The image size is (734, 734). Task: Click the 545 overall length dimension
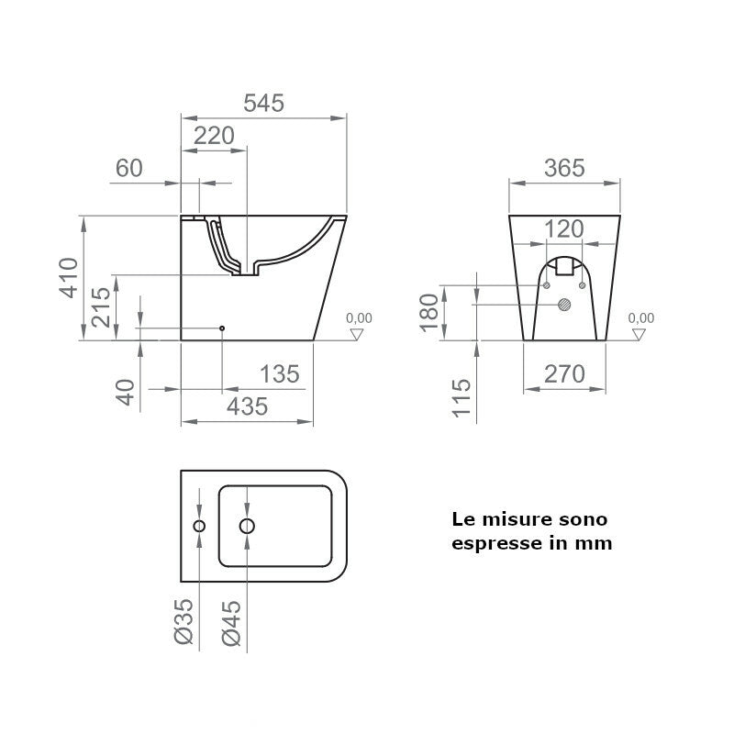click(263, 104)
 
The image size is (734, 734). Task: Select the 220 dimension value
click(215, 136)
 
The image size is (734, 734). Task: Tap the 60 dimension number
click(129, 168)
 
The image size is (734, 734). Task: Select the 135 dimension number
click(280, 374)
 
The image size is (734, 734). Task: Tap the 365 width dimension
click(563, 168)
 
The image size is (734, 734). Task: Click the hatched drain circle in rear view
click(565, 304)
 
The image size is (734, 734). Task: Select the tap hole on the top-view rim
click(199, 526)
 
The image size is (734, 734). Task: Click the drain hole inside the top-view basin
click(246, 526)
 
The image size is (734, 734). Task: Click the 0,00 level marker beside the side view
click(359, 318)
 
